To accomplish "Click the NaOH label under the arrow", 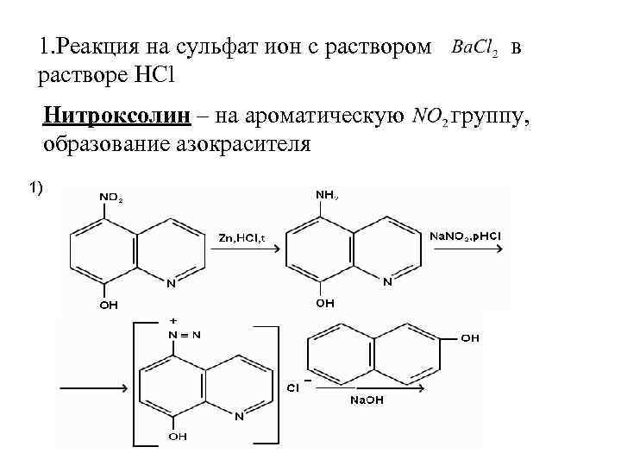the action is [367, 400].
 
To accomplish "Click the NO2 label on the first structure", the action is [110, 197].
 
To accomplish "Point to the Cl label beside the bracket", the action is [293, 388].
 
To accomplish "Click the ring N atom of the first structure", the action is [171, 282].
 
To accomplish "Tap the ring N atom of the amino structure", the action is [387, 281].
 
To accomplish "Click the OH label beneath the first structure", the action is [108, 305].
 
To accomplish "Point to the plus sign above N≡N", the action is [175, 320].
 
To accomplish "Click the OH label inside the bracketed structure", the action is [177, 437].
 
